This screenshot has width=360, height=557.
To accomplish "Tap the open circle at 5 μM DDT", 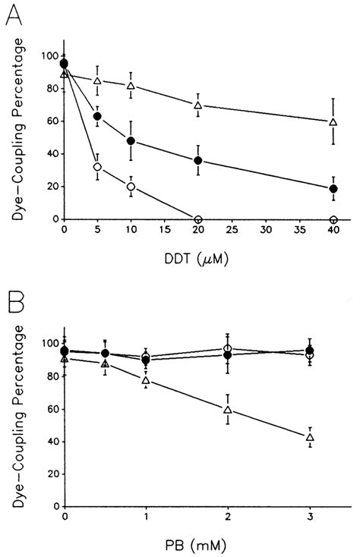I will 97,167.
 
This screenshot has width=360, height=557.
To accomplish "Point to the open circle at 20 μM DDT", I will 197,219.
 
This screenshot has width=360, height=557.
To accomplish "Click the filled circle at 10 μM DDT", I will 131,141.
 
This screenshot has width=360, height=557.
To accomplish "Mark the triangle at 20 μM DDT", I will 197,105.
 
